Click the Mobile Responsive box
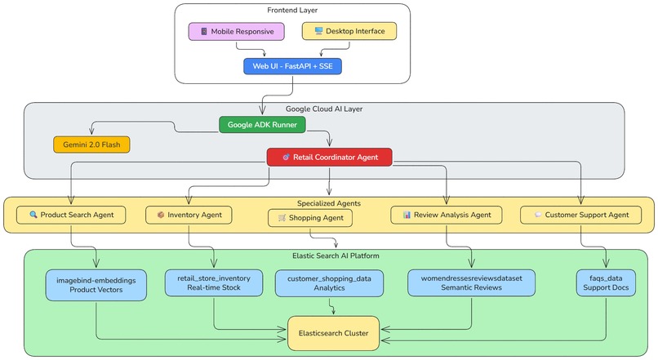coord(237,31)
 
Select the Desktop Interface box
coord(349,31)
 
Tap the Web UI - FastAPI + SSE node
coord(292,66)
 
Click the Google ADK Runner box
coord(262,124)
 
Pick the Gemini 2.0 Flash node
coord(91,144)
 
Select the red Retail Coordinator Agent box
coord(329,156)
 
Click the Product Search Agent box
coord(71,215)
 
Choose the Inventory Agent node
coord(189,215)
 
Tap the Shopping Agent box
coord(310,218)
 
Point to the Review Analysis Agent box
coord(447,215)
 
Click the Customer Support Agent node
coord(580,215)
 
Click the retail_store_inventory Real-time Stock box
coord(214,282)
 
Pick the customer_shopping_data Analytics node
coord(329,282)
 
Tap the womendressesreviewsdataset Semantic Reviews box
coord(471,282)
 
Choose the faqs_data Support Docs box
coord(606,282)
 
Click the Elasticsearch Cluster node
coord(333,333)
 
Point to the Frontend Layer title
coord(292,10)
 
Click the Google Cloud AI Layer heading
coord(324,109)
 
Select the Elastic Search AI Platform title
coord(336,256)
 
